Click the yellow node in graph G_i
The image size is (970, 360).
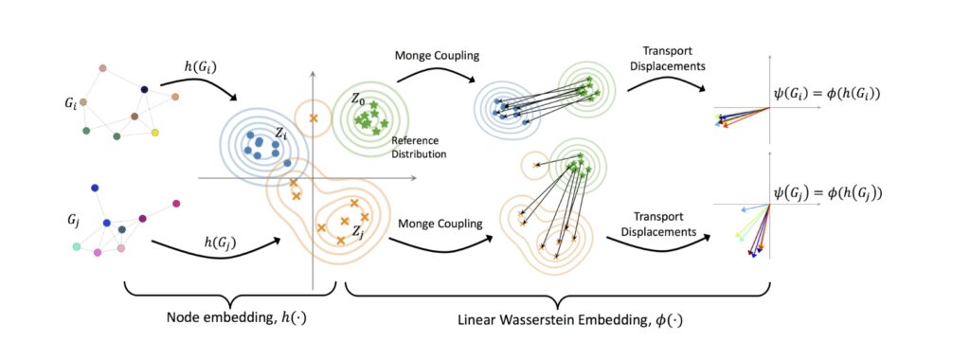(154, 132)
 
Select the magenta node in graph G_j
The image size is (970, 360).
(176, 204)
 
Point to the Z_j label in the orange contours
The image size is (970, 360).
(358, 230)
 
